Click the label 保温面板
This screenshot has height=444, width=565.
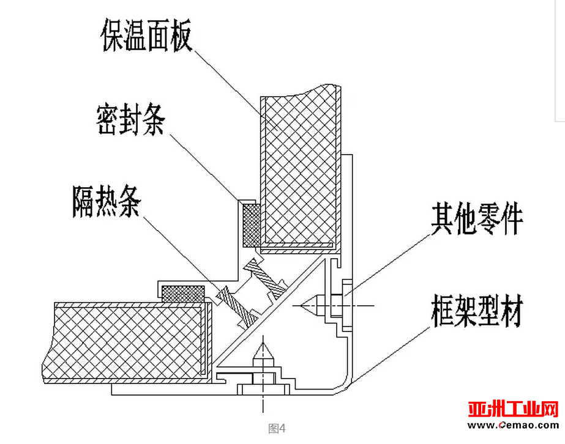click(x=146, y=35)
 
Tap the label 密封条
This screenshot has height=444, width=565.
click(x=131, y=119)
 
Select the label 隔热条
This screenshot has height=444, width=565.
click(x=107, y=201)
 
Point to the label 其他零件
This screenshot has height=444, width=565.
click(x=477, y=218)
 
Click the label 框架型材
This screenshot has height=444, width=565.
click(x=477, y=311)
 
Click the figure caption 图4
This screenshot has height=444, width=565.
click(x=277, y=428)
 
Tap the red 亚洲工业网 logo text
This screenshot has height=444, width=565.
click(x=513, y=409)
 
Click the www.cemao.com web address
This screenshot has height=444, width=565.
click(x=513, y=425)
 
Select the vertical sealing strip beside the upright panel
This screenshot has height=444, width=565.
click(x=252, y=226)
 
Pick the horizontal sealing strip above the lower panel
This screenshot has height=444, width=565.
click(x=183, y=294)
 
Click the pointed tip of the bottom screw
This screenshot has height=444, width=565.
click(x=263, y=343)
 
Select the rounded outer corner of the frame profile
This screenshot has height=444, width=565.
click(x=343, y=387)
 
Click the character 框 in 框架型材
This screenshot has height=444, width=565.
click(x=443, y=311)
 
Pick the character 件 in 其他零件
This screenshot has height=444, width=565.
click(x=512, y=218)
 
